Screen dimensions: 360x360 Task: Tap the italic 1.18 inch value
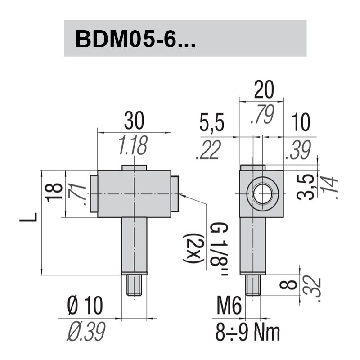point(133,145)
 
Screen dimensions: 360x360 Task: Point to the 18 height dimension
point(54,193)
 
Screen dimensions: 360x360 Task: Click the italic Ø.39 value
point(86,332)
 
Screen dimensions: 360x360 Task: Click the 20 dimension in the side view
point(264,91)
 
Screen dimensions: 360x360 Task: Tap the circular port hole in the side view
point(262,194)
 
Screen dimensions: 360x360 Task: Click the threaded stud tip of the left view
point(135,285)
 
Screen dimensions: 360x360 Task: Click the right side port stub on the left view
point(175,194)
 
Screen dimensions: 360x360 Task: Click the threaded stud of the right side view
point(253,284)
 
